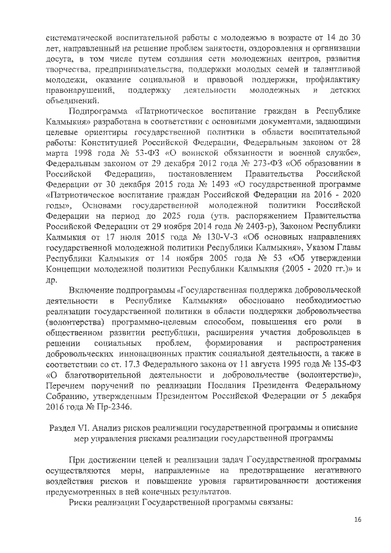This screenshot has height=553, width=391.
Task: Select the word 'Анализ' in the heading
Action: [114, 427]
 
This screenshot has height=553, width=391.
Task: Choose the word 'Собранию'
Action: [69, 393]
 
